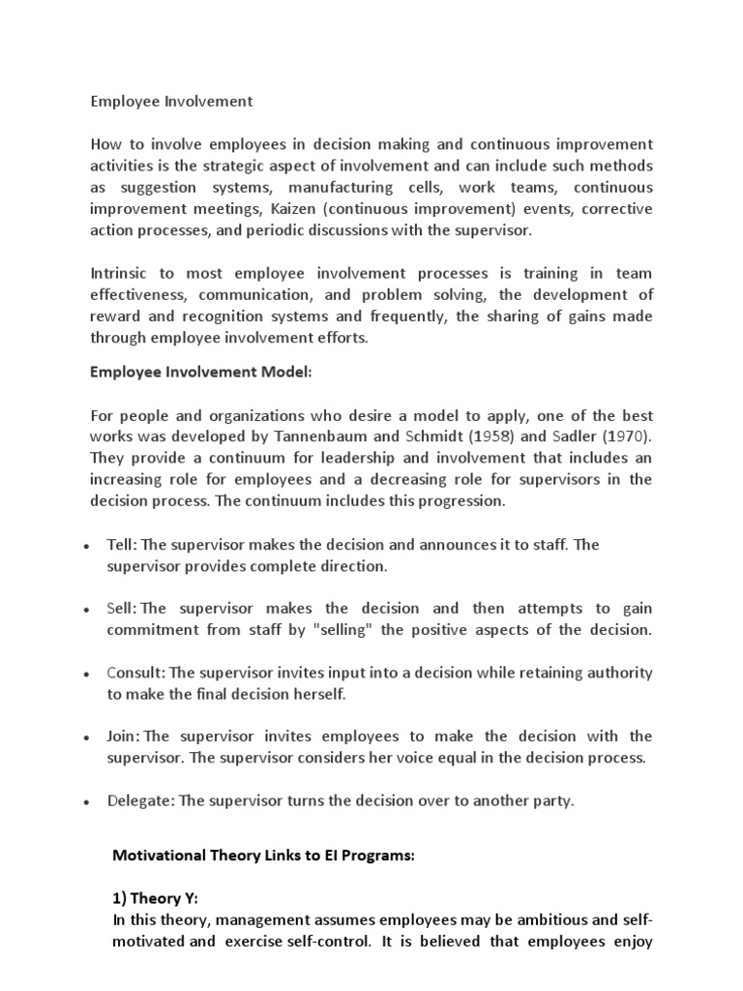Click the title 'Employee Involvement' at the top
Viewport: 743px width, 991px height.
tap(171, 100)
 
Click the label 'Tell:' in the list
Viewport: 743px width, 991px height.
tap(122, 545)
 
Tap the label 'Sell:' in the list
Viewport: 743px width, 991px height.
tap(122, 609)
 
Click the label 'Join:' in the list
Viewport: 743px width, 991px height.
tap(122, 736)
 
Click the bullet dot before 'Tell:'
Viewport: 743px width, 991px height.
tap(86, 547)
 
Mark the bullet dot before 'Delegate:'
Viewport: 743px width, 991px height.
tap(86, 802)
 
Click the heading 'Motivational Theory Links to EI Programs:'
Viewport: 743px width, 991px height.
tap(265, 856)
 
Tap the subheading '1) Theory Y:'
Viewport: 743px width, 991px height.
tap(156, 898)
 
